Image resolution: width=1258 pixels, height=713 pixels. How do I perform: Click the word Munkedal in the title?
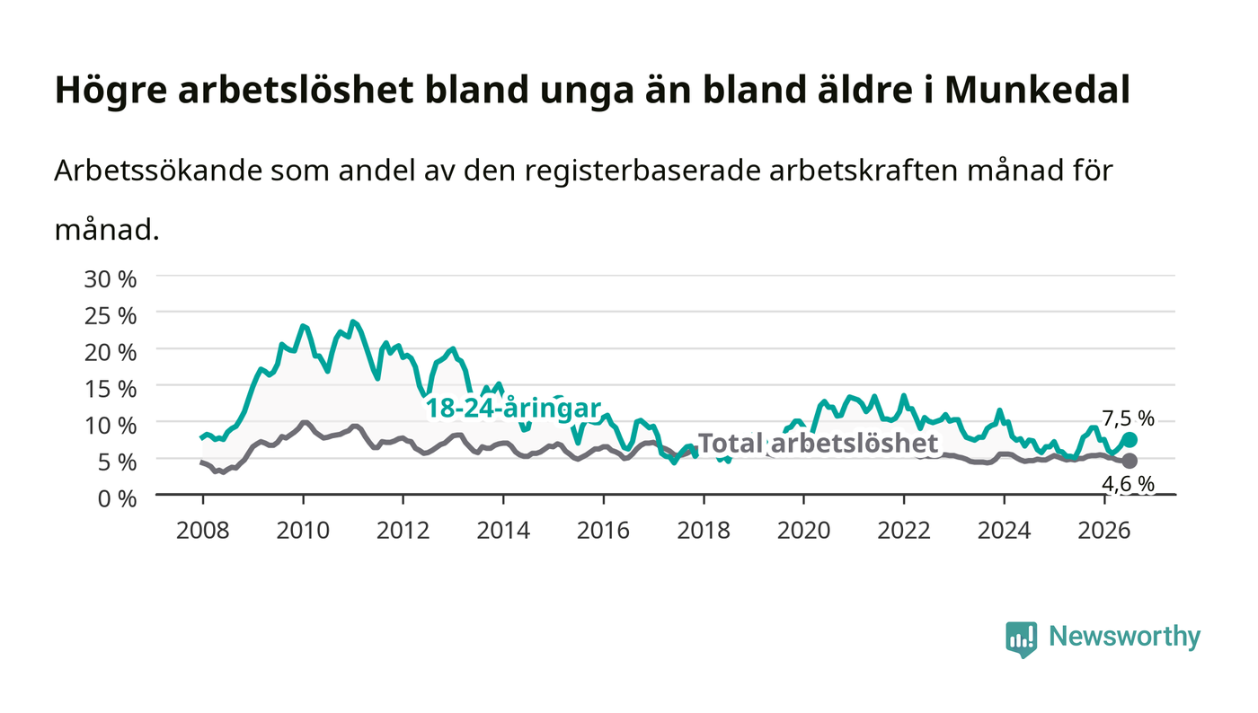click(1037, 90)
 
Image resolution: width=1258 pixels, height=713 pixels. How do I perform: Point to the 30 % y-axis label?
click(111, 279)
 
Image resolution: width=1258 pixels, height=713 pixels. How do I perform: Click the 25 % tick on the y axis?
click(111, 316)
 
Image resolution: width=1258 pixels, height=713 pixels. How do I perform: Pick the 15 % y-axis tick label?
click(111, 389)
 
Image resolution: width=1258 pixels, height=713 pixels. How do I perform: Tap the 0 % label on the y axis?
click(118, 498)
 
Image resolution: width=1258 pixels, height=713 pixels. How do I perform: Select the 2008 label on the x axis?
click(203, 531)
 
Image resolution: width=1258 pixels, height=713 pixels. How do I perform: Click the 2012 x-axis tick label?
click(403, 531)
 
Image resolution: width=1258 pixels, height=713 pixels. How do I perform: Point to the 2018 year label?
click(703, 531)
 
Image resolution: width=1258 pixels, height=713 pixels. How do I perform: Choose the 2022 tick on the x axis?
click(904, 531)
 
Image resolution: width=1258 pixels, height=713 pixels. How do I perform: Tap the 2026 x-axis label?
click(1104, 531)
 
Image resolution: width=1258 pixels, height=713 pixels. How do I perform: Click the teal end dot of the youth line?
click(1130, 440)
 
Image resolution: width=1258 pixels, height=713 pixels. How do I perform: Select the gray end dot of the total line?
click(1130, 461)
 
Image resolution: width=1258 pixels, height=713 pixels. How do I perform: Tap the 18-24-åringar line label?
click(513, 409)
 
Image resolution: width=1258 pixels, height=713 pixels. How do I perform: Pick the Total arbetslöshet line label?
click(818, 444)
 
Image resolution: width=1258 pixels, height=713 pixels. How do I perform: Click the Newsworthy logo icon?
click(1022, 639)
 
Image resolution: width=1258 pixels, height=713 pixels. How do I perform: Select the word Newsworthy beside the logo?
click(1125, 638)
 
